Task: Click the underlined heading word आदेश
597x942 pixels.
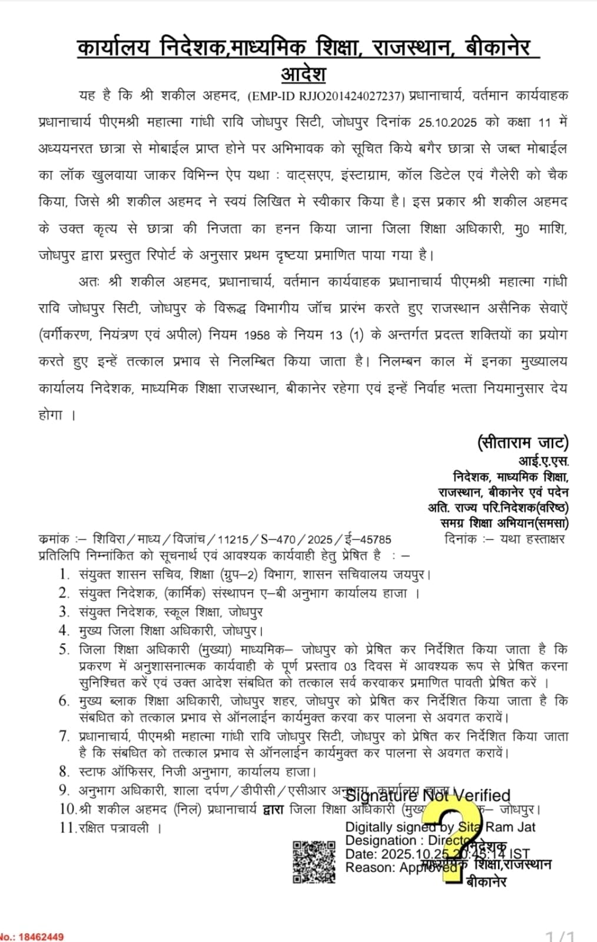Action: [x=303, y=75]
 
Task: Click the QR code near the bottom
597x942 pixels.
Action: [x=314, y=862]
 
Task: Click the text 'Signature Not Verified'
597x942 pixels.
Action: [x=427, y=795]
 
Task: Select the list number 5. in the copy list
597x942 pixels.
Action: [x=64, y=650]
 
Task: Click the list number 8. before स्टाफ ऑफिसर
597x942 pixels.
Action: [x=64, y=771]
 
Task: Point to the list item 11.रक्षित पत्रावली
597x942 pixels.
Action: [x=111, y=828]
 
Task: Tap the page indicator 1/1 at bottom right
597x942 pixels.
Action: [x=560, y=936]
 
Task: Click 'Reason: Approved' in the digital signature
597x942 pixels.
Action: [x=400, y=867]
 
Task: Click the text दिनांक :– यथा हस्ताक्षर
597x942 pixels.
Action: [x=505, y=538]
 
